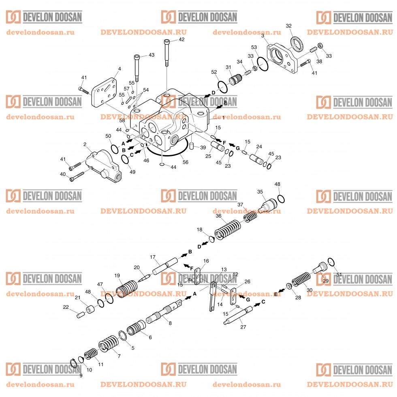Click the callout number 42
coord(181,39)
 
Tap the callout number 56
coord(185,162)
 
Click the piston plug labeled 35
coord(269,203)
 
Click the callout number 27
coord(243,327)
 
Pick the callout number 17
coord(153,257)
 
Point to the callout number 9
coord(81,376)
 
